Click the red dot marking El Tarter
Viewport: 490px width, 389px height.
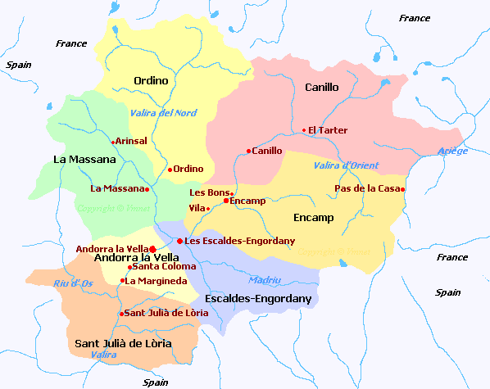point(303,130)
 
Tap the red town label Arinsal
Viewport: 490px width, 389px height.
point(132,141)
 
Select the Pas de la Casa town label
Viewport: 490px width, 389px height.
point(367,189)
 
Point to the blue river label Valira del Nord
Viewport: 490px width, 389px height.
point(164,113)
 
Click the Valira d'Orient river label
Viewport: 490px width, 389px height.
point(347,165)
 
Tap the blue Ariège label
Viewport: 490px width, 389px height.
point(453,151)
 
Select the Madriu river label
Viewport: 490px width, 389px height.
point(264,279)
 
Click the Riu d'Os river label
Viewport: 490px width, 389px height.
point(71,283)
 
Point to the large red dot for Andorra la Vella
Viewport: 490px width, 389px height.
point(153,248)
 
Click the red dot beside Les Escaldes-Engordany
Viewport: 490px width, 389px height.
point(179,241)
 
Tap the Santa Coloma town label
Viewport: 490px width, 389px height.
point(161,266)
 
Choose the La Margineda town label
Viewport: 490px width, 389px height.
point(155,281)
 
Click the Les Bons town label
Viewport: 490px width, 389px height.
point(210,192)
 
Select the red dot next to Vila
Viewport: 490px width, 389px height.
point(208,208)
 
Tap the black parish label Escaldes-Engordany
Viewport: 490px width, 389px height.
point(259,299)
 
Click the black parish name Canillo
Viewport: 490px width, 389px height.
point(321,87)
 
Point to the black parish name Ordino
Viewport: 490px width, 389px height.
point(151,80)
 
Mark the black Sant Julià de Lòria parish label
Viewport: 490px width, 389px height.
point(123,343)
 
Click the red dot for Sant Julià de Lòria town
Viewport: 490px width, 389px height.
point(121,313)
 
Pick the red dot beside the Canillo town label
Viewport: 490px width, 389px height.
point(248,151)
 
